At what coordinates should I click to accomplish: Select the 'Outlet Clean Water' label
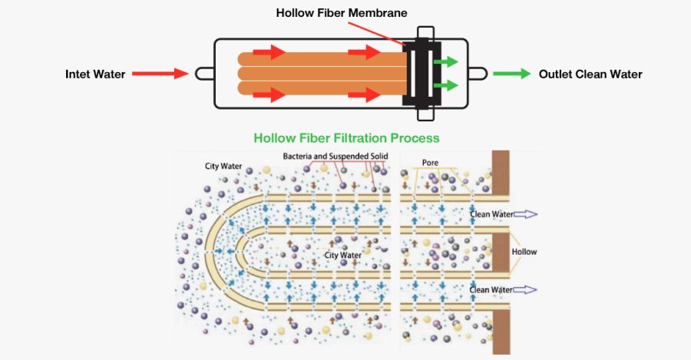click(x=590, y=74)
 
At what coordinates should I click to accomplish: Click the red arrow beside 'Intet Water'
click(x=160, y=74)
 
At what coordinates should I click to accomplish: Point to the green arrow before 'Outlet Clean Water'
click(x=511, y=74)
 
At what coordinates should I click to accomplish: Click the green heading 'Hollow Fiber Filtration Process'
click(x=346, y=138)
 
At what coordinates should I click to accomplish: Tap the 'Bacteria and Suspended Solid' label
click(x=336, y=157)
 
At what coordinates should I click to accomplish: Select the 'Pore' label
click(x=430, y=163)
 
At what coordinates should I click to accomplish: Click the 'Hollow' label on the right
click(x=525, y=252)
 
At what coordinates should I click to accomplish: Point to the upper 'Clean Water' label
click(x=491, y=214)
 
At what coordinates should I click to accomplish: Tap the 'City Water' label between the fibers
click(x=342, y=255)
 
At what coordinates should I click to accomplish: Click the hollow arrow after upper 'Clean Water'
click(x=527, y=214)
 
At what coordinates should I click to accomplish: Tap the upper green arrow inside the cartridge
click(x=445, y=61)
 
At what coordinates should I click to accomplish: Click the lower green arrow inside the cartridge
click(x=445, y=86)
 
